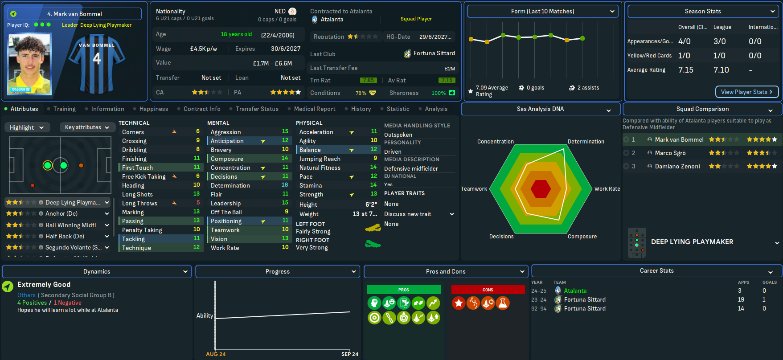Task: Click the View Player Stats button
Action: pos(747,92)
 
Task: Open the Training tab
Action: pos(64,109)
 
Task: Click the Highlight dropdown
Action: pos(27,127)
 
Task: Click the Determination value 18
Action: pos(284,185)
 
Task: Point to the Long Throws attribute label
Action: pos(139,203)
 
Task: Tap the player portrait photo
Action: pos(30,65)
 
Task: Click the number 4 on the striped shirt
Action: pos(97,58)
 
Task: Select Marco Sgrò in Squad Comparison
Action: pos(670,153)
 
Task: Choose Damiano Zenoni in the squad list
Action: pos(677,166)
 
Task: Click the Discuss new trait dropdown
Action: pos(419,214)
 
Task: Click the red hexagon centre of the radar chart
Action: pos(541,189)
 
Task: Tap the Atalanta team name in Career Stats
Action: pos(575,290)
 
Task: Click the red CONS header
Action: pos(488,290)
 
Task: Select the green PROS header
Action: pos(404,290)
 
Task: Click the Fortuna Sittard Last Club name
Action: pos(434,53)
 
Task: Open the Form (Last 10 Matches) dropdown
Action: pos(543,12)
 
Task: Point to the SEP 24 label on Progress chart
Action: pos(350,354)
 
